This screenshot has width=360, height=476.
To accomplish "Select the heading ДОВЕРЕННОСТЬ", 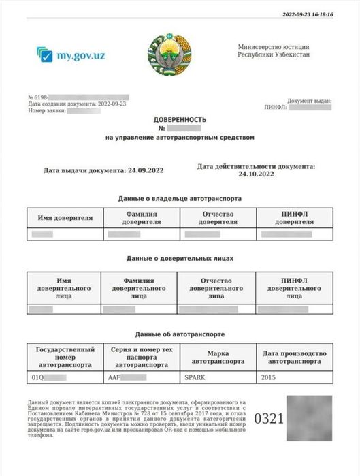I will (179, 118).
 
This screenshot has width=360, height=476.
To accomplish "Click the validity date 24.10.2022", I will (256, 174).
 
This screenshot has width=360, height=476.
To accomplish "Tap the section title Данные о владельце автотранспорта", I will (180, 198).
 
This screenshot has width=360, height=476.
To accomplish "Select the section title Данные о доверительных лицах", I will (180, 259).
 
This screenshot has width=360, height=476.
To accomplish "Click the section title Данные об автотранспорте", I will (180, 334).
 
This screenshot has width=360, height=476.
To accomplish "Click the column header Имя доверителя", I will (65, 218).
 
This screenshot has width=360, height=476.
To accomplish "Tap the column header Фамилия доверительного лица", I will (139, 288).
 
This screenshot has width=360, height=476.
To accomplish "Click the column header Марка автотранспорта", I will (217, 358).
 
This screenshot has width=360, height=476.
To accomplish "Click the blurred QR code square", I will (310, 417).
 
